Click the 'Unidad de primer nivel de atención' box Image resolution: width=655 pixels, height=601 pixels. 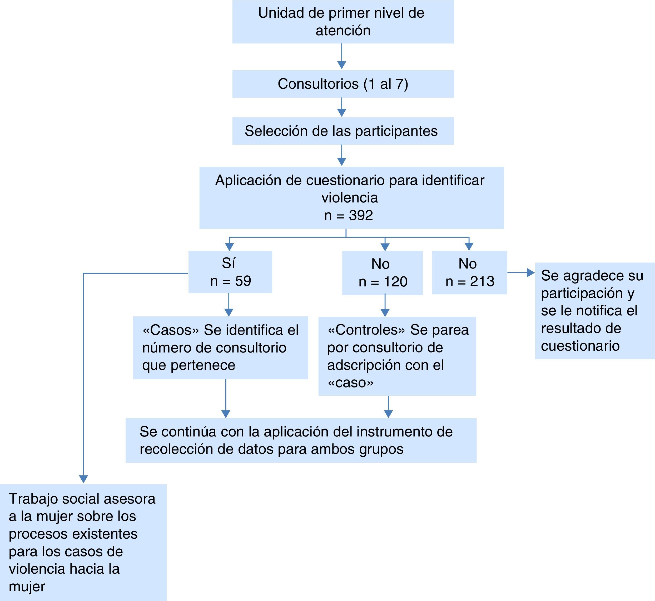click(343, 22)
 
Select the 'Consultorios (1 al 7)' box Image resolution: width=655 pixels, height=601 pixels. click(343, 84)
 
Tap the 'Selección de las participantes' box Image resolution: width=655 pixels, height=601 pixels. click(343, 131)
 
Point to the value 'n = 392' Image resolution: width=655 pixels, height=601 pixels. click(348, 215)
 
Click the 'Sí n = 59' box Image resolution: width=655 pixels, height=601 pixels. click(230, 272)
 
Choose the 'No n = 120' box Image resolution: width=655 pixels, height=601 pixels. click(383, 273)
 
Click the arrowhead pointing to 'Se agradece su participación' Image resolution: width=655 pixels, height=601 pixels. click(531, 272)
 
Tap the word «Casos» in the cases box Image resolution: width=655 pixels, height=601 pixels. click(170, 330)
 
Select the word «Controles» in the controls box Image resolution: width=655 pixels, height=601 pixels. click(366, 330)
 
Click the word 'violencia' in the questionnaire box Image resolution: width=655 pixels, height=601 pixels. click(350, 198)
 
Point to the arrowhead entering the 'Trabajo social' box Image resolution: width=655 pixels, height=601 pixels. click(83, 479)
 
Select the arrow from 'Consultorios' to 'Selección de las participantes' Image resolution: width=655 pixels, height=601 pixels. click(341, 107)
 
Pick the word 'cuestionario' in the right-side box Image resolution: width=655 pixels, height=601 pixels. click(580, 346)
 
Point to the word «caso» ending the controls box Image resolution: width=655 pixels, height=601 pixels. click(350, 383)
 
